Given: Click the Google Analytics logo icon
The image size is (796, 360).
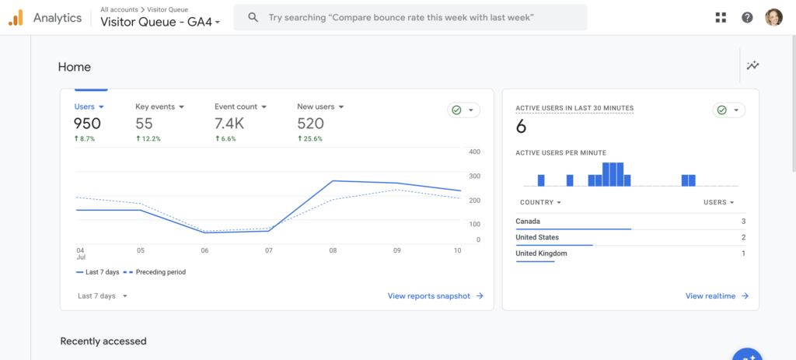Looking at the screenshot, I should click(16, 18).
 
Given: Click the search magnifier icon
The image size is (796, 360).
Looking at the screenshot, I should click(252, 17).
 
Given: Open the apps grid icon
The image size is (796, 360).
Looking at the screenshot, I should click(721, 17).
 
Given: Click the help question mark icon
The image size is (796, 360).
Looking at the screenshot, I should click(747, 17).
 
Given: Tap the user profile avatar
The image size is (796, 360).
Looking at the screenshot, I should click(773, 17).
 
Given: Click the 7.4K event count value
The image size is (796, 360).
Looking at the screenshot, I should click(229, 124).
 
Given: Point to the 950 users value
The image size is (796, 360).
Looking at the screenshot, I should click(87, 124).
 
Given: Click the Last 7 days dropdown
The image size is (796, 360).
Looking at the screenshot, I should click(102, 296).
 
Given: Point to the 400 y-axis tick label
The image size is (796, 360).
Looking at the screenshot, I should click(475, 152).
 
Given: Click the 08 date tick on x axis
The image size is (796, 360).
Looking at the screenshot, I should click(333, 251).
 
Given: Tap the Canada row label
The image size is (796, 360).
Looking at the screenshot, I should click(528, 222).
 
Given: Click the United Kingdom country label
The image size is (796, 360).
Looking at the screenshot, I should click(541, 253).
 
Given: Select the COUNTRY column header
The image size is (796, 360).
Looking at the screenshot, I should click(538, 203).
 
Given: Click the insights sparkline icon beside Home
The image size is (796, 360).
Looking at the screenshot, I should click(752, 66).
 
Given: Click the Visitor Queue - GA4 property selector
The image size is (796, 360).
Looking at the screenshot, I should click(160, 22).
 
